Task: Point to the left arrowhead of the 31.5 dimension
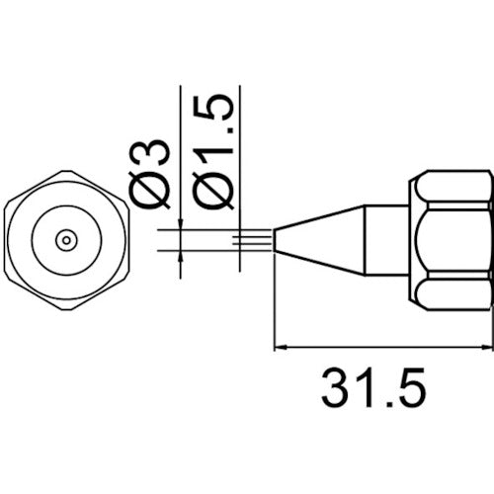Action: click(280, 347)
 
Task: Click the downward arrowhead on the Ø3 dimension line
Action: click(181, 226)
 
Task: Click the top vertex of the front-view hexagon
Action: click(66, 170)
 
